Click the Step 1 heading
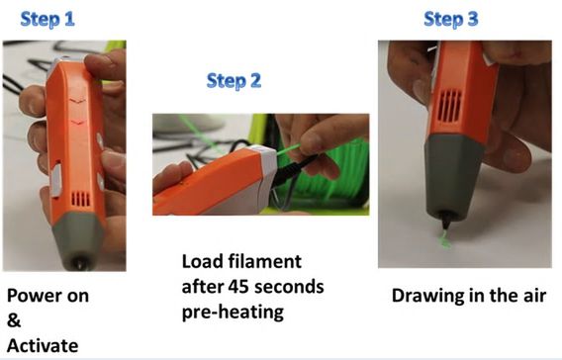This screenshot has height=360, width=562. pyautogui.click(x=47, y=19)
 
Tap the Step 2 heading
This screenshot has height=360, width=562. pyautogui.click(x=234, y=80)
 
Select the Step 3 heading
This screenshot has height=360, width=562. pyautogui.click(x=451, y=19)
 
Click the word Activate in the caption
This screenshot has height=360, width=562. pyautogui.click(x=43, y=346)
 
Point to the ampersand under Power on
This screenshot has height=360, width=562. pyautogui.click(x=14, y=320)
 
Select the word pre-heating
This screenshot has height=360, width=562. pyautogui.click(x=233, y=313)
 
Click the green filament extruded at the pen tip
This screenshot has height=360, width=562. pyautogui.click(x=445, y=239)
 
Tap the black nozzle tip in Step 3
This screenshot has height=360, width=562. pyautogui.click(x=445, y=223)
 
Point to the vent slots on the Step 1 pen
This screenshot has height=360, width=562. pyautogui.click(x=81, y=199)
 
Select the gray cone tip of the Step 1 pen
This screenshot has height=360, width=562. pyautogui.click(x=78, y=240)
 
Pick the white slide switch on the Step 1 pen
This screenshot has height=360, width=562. pyautogui.click(x=56, y=179)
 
